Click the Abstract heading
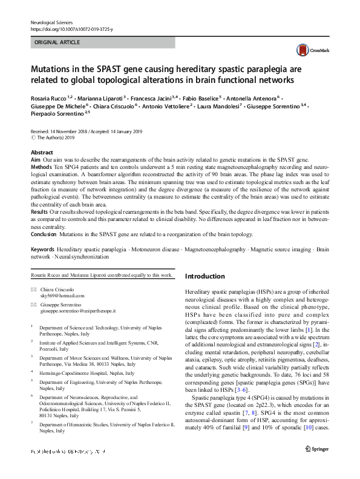click(42, 153)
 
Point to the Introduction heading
click(205, 276)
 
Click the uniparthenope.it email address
click(78, 311)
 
